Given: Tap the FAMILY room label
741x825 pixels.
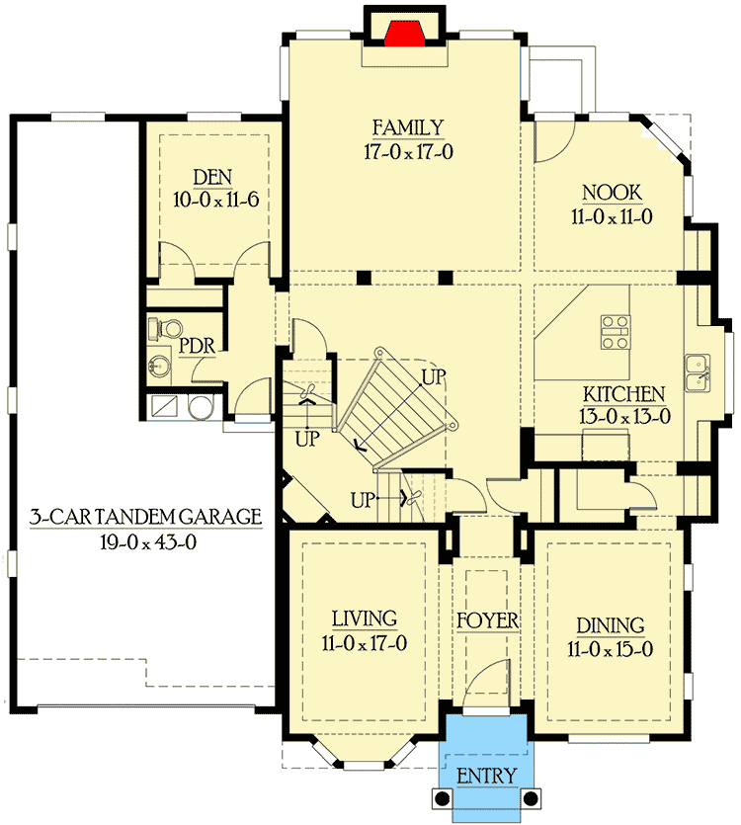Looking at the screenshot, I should click(407, 127).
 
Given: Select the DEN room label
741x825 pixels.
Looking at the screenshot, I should click(212, 178).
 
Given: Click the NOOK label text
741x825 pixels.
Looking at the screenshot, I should click(612, 193).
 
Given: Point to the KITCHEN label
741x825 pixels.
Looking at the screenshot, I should click(622, 394).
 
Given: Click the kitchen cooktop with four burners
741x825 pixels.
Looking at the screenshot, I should click(616, 332).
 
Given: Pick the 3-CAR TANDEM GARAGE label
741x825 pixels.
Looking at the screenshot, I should click(144, 516).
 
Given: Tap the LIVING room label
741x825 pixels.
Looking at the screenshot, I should click(364, 619).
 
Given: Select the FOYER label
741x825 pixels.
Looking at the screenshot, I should click(487, 621).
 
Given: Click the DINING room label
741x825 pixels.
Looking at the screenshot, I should click(612, 625).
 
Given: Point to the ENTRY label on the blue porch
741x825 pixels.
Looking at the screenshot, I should click(486, 777).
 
